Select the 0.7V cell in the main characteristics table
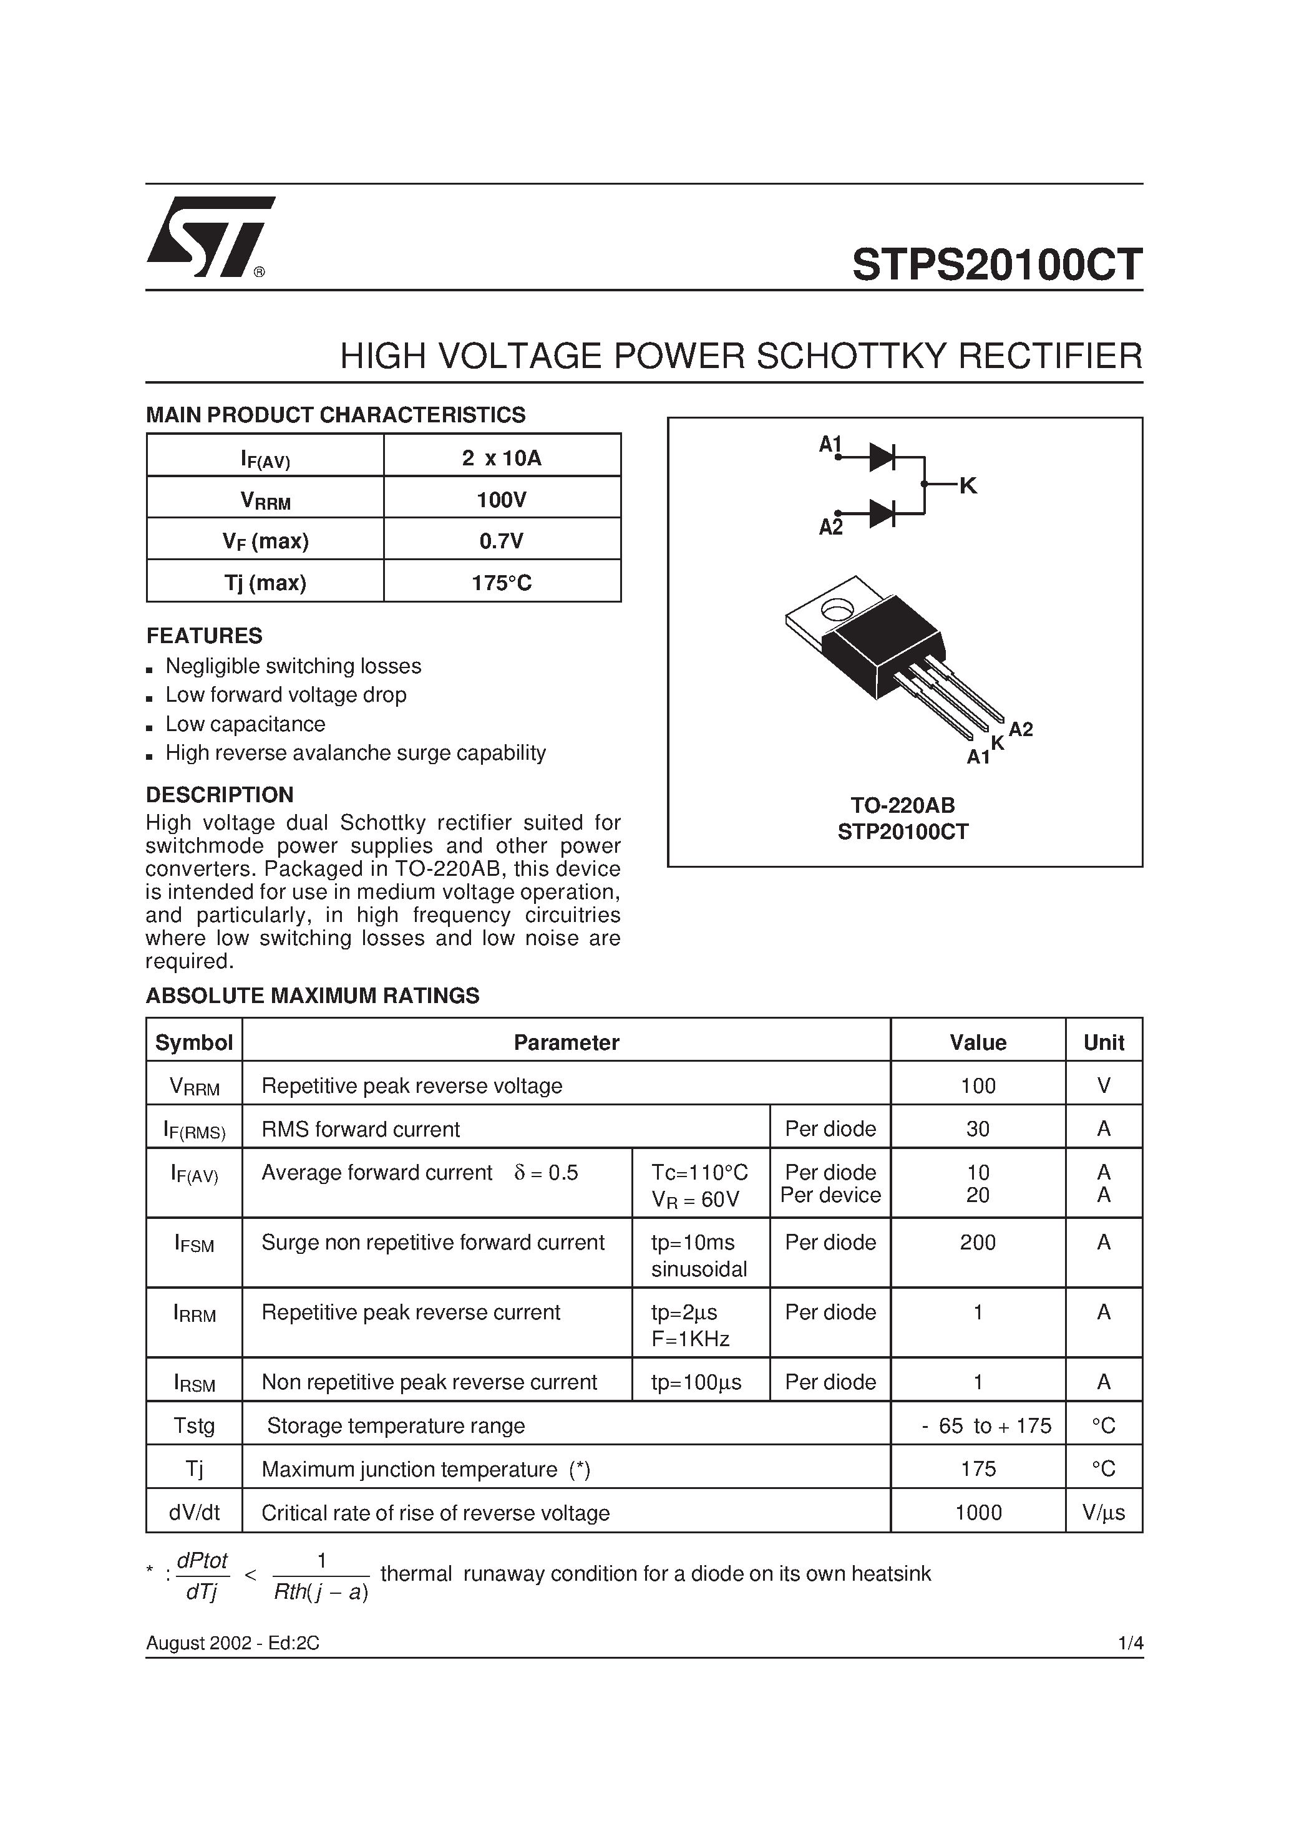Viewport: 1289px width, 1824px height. point(502,541)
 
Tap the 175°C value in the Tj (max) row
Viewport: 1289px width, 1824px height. point(502,583)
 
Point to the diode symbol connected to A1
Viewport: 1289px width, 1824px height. point(882,458)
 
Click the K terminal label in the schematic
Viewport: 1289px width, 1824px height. point(967,485)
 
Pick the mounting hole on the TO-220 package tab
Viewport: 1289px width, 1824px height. point(836,610)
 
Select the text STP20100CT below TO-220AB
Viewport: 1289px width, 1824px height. point(903,832)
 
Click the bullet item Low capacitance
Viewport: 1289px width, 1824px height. point(245,724)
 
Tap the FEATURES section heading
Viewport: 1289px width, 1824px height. point(203,636)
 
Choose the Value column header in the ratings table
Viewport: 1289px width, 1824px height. point(978,1042)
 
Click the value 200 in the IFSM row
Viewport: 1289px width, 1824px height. point(978,1243)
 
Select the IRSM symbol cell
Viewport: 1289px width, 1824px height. point(194,1383)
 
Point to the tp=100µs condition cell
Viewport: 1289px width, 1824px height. point(696,1382)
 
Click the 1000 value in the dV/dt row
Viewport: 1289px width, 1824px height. point(978,1513)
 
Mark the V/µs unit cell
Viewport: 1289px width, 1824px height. point(1103,1513)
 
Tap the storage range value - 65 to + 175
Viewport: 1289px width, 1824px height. point(986,1426)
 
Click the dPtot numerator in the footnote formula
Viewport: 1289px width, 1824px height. point(202,1560)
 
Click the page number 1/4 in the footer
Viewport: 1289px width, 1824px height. point(1129,1643)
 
